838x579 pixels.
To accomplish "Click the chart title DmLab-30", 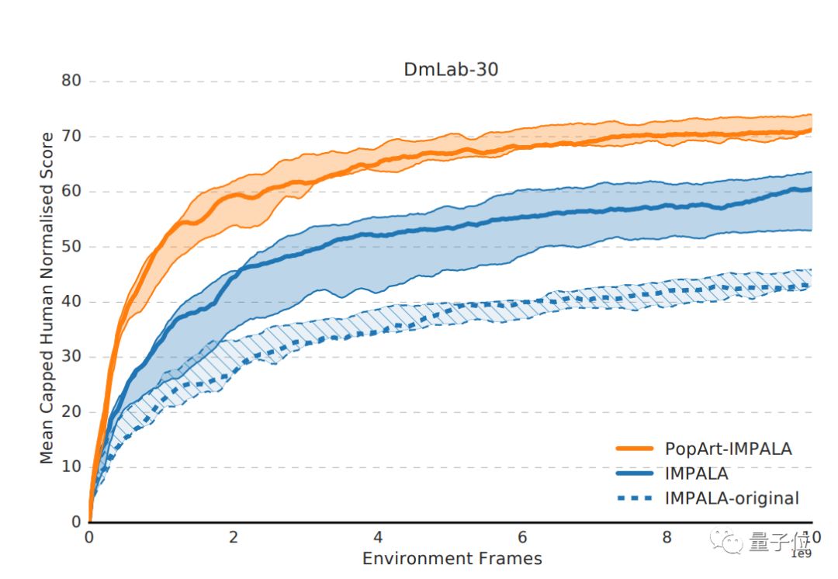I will pyautogui.click(x=451, y=69).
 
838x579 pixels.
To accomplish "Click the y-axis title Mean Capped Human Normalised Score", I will pyautogui.click(x=47, y=299).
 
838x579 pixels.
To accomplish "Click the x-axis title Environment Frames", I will pyautogui.click(x=452, y=558).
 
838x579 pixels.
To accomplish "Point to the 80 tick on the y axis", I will pyautogui.click(x=71, y=81).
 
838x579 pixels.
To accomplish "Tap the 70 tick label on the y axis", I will pyautogui.click(x=71, y=137).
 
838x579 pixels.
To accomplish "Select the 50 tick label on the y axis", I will pyautogui.click(x=71, y=247).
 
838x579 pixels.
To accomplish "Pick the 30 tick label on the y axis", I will pyautogui.click(x=71, y=357).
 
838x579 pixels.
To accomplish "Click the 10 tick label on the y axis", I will pyautogui.click(x=71, y=467).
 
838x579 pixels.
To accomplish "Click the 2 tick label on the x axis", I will pyautogui.click(x=234, y=538).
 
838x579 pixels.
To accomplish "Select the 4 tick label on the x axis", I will pyautogui.click(x=378, y=538).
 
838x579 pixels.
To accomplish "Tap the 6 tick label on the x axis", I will pyautogui.click(x=523, y=538).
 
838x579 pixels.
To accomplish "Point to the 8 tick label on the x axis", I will pyautogui.click(x=667, y=538).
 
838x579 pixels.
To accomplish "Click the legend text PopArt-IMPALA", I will pyautogui.click(x=728, y=449).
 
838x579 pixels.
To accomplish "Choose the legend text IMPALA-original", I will pyautogui.click(x=732, y=498).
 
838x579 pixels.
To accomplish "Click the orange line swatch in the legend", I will pyautogui.click(x=635, y=449).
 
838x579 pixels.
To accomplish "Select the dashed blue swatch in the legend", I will pyautogui.click(x=635, y=498).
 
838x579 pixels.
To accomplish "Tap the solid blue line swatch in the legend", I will pyautogui.click(x=635, y=473).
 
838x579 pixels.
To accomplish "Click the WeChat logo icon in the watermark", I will pyautogui.click(x=730, y=541).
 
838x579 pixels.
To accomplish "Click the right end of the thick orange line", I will pyautogui.click(x=811, y=130).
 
